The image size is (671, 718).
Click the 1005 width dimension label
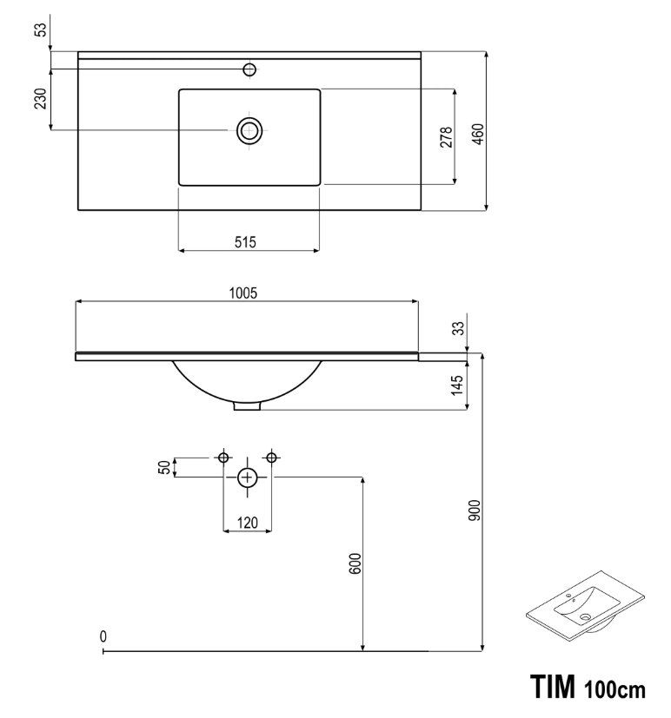(x=243, y=293)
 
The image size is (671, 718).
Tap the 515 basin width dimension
(x=245, y=241)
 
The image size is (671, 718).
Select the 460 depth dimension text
(x=478, y=135)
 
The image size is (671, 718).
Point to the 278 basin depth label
(x=446, y=137)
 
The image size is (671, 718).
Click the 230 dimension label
(x=41, y=98)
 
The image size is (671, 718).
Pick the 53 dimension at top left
(x=41, y=30)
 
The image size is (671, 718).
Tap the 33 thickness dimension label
(x=459, y=328)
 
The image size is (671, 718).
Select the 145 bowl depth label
(x=457, y=385)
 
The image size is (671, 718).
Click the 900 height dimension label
(x=475, y=511)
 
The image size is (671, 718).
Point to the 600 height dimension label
(x=355, y=563)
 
